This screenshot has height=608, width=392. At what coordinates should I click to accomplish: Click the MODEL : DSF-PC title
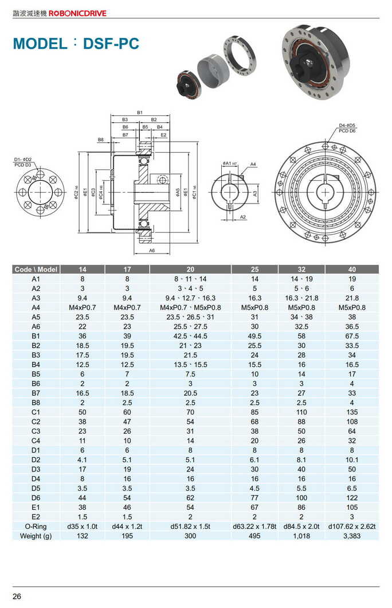point(76,44)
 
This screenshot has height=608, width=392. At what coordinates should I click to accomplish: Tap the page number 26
point(17,597)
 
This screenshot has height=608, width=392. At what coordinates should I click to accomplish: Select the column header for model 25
point(254,269)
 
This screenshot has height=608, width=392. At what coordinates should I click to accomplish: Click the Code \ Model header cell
point(36,269)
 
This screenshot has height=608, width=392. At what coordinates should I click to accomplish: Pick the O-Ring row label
point(36,526)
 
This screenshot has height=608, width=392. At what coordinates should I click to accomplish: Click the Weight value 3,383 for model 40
point(351,535)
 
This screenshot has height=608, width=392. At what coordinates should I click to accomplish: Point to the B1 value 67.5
point(351,336)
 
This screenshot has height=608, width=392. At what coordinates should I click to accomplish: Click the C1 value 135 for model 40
point(351,411)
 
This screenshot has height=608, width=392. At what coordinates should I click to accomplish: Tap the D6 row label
point(36,497)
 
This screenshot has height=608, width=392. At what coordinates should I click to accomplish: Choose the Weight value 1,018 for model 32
point(301,535)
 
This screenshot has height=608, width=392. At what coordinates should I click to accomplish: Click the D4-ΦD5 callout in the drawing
point(347,125)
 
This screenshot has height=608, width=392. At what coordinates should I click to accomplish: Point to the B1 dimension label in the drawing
point(140,112)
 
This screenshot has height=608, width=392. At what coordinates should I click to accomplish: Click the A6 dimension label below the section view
point(152,251)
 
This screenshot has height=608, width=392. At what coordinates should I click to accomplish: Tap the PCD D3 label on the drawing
point(23,165)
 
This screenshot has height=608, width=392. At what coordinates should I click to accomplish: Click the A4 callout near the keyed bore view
point(253,164)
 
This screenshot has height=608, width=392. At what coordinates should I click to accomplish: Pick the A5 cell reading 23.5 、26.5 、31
point(190,317)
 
